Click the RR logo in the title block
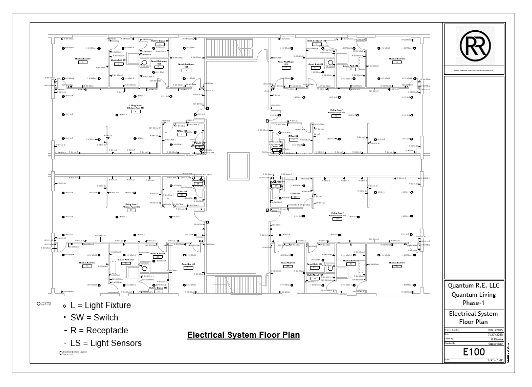click(x=473, y=46)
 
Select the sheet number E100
click(x=473, y=352)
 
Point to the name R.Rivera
click(x=496, y=339)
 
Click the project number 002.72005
click(x=495, y=330)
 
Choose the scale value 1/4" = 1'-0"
click(x=495, y=360)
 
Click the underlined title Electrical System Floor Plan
click(x=243, y=335)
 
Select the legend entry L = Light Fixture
click(x=101, y=305)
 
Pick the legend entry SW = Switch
click(x=94, y=318)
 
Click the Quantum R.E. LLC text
click(x=473, y=286)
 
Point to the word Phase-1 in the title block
click(x=473, y=303)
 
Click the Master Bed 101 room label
click(x=82, y=59)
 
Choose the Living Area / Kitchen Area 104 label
click(x=337, y=215)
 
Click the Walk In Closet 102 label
click(x=317, y=40)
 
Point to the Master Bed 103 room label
click(x=86, y=263)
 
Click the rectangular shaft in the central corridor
click(x=238, y=166)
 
